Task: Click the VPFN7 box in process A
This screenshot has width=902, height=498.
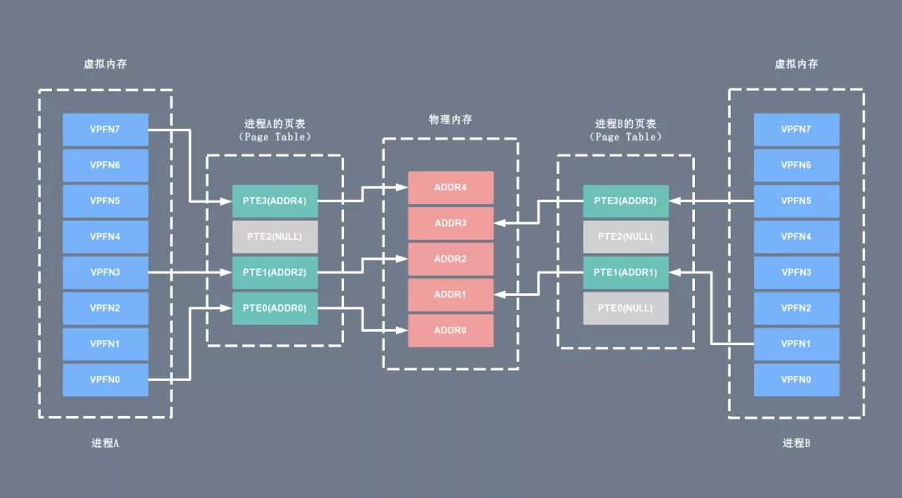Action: (105, 130)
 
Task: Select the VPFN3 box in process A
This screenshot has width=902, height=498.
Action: (105, 272)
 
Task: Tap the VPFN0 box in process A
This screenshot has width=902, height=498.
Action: (105, 379)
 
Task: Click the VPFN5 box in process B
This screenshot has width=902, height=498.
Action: (796, 201)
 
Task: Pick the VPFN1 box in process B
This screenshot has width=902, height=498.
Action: (796, 343)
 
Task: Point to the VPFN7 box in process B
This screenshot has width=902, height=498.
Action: (796, 130)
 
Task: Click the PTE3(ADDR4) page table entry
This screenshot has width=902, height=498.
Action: (275, 201)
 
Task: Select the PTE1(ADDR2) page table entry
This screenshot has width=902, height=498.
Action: (275, 272)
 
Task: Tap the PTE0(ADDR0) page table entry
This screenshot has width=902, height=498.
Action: (275, 308)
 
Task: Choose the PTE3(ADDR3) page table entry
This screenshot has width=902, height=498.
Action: (626, 201)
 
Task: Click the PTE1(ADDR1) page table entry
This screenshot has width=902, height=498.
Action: (626, 272)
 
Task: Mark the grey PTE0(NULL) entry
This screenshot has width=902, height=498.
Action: (626, 308)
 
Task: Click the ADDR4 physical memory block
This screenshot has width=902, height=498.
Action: (450, 187)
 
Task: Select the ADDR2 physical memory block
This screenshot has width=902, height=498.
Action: (450, 259)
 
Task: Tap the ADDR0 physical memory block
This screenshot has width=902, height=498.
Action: (450, 330)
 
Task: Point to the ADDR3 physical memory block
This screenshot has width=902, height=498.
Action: (450, 223)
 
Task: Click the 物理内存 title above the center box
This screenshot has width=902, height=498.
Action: (450, 119)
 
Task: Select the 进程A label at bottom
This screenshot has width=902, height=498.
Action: (105, 443)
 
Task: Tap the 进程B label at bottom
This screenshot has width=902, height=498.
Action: (796, 443)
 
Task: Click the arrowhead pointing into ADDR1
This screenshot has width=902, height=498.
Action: (499, 294)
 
